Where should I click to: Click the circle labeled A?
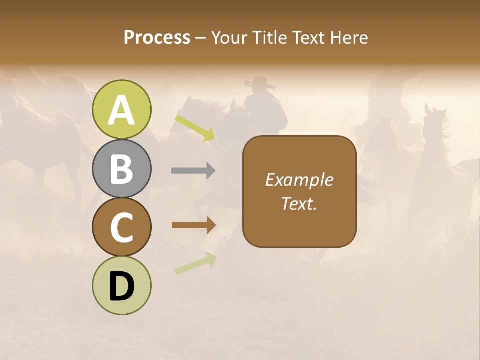click(x=122, y=109)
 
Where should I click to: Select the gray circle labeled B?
click(x=122, y=168)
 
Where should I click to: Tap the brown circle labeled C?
click(x=122, y=227)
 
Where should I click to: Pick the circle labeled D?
click(x=122, y=285)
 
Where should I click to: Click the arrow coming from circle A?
click(x=195, y=127)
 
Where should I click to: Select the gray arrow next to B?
click(x=193, y=171)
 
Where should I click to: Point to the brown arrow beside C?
click(x=193, y=225)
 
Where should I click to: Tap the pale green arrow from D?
click(x=195, y=263)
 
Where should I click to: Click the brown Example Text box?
click(x=299, y=191)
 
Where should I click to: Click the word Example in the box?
click(x=299, y=180)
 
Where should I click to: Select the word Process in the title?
click(x=157, y=37)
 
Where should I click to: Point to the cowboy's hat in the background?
click(x=260, y=82)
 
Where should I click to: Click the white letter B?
click(x=122, y=168)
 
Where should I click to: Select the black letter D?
click(x=122, y=287)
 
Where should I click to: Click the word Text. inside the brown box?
click(x=299, y=204)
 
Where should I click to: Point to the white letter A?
click(x=122, y=110)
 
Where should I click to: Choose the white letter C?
click(x=122, y=227)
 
